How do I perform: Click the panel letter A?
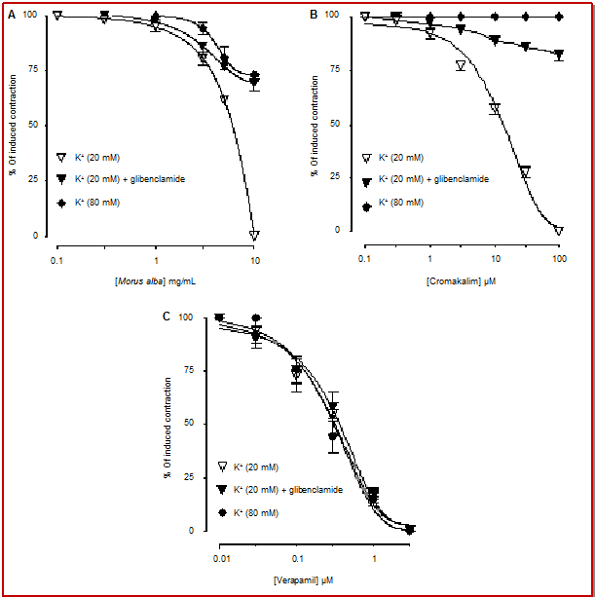pyautogui.click(x=12, y=16)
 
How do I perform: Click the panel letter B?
pyautogui.click(x=314, y=15)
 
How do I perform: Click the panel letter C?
pyautogui.click(x=167, y=317)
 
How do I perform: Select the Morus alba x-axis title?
pyautogui.click(x=155, y=282)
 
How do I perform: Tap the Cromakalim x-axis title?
pyautogui.click(x=461, y=282)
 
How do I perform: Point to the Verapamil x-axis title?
pyautogui.click(x=304, y=581)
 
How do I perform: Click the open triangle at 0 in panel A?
pyautogui.click(x=254, y=236)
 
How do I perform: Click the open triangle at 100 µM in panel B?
pyautogui.click(x=558, y=231)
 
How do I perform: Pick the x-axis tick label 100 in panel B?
pyautogui.click(x=559, y=259)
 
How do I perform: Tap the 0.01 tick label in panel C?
pyautogui.click(x=222, y=559)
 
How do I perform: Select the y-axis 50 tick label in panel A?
pyautogui.click(x=33, y=125)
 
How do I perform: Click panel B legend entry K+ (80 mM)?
pyautogui.click(x=401, y=203)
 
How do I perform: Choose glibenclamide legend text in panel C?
pyautogui.click(x=316, y=490)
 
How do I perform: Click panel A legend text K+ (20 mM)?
pyautogui.click(x=97, y=158)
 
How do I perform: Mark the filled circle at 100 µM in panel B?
pyautogui.click(x=559, y=17)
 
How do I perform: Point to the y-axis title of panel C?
pyautogui.click(x=167, y=428)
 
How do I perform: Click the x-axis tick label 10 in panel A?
pyautogui.click(x=255, y=261)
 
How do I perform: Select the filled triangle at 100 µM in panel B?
pyautogui.click(x=558, y=55)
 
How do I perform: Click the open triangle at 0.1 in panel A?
pyautogui.click(x=57, y=16)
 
